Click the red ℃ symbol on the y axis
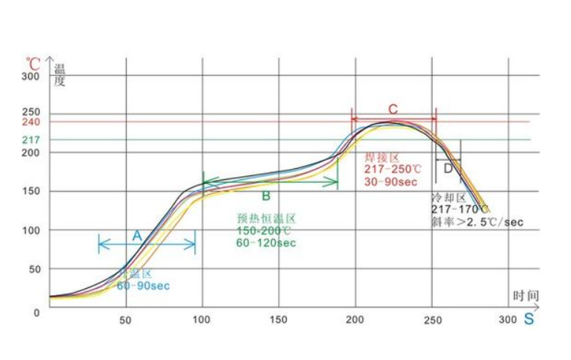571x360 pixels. pyautogui.click(x=33, y=63)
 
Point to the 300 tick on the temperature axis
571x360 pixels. pyautogui.click(x=30, y=76)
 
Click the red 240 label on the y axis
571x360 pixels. pyautogui.click(x=30, y=121)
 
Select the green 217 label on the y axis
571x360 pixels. pyautogui.click(x=30, y=140)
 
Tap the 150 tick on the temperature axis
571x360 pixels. pyautogui.click(x=30, y=191)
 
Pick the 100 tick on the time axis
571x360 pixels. pyautogui.click(x=201, y=320)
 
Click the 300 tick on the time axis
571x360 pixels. pyautogui.click(x=507, y=320)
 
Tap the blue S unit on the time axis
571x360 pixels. pyautogui.click(x=529, y=320)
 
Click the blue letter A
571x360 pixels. pyautogui.click(x=136, y=235)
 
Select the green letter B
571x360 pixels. pyautogui.click(x=265, y=196)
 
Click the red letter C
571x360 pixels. pyautogui.click(x=393, y=109)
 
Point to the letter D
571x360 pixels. pyautogui.click(x=448, y=169)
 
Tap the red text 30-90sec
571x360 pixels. pyautogui.click(x=388, y=181)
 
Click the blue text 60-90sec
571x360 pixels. pyautogui.click(x=143, y=285)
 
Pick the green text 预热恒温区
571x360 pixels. pyautogui.click(x=267, y=219)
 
